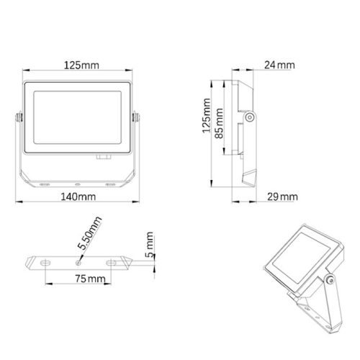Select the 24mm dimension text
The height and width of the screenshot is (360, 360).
279,66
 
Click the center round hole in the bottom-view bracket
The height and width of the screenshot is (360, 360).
77,260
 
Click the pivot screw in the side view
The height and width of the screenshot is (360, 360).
250,116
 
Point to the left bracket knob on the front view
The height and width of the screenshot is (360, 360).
15,114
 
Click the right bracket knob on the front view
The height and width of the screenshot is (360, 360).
135,114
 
